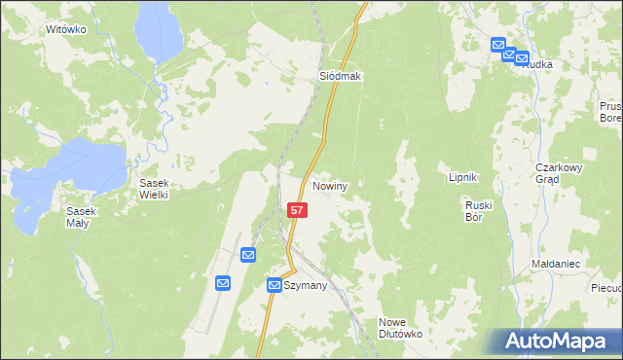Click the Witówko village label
[x=66, y=30]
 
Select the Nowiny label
[x=331, y=185]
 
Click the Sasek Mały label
[x=81, y=218]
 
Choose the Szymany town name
[x=306, y=286]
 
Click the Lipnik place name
[x=461, y=178]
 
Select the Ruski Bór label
[x=481, y=212]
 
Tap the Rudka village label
[x=538, y=64]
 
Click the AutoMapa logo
[x=561, y=342]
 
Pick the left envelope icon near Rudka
[x=498, y=45]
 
